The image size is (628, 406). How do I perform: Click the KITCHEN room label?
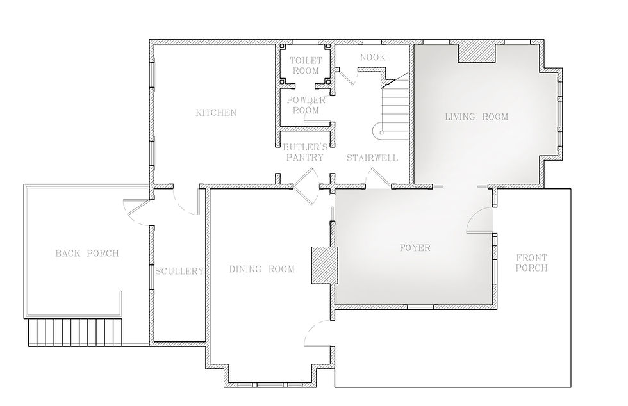(216, 113)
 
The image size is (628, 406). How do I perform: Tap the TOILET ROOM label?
(306, 66)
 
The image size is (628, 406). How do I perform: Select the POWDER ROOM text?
(306, 105)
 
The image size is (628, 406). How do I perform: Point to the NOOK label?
(373, 57)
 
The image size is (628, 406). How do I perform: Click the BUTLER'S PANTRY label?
(305, 152)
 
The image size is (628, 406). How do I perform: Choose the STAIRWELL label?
(372, 158)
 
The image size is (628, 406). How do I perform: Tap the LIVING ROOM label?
(477, 117)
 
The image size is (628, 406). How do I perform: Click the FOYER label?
(415, 248)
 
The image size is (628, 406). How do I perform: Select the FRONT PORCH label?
(531, 263)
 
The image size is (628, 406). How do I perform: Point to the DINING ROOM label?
(261, 269)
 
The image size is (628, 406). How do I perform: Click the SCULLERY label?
(179, 271)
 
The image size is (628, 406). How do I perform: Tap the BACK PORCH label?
(87, 253)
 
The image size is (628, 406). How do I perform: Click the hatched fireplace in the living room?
(477, 53)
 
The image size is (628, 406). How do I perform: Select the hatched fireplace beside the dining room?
(324, 266)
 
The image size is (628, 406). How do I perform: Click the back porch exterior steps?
(75, 332)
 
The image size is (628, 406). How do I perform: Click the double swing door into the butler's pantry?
(306, 186)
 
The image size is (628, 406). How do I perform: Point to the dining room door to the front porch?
(317, 333)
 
